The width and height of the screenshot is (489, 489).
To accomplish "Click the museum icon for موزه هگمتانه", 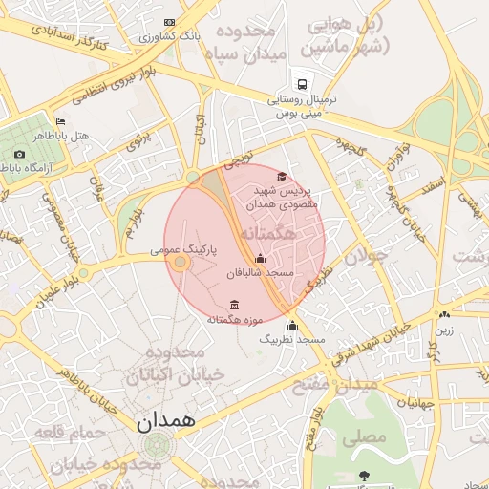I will [234, 305].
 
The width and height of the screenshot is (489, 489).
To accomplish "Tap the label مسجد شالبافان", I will [260, 273].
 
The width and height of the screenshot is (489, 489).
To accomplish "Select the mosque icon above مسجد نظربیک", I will [293, 325].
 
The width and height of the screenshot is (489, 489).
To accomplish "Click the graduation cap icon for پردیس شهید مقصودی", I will [282, 176].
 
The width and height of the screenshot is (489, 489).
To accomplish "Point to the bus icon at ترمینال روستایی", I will [302, 84].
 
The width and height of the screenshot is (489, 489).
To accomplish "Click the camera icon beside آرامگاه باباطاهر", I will [19, 154].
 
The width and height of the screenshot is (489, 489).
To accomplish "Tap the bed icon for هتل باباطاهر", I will [61, 121].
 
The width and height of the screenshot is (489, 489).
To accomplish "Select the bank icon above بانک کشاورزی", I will [170, 22].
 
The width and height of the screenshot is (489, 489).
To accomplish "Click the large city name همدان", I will [166, 419].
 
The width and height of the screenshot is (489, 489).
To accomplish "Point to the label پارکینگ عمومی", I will [184, 248].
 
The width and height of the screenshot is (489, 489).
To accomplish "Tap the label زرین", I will [446, 330].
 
